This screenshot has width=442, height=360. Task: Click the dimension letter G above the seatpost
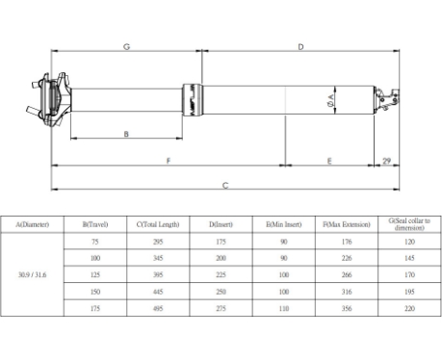click(x=126, y=46)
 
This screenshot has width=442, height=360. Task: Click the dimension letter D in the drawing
click(x=301, y=46)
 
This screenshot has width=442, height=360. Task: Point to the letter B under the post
click(x=126, y=135)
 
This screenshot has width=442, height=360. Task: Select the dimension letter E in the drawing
click(x=329, y=161)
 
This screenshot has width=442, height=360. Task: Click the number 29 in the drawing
click(x=386, y=161)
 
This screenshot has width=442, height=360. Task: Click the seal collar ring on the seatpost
click(x=195, y=98)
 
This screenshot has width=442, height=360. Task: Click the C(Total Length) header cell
click(x=158, y=223)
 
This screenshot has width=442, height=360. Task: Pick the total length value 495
click(x=158, y=309)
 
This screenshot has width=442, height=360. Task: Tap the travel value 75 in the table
click(x=94, y=242)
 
